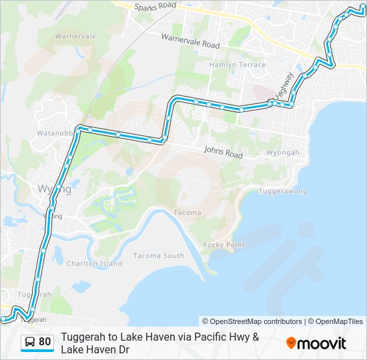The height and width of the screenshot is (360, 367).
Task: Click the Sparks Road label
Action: tap(155, 6)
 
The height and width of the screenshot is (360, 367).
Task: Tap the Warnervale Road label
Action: tap(190, 40)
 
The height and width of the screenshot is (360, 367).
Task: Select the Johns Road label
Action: tap(223, 152)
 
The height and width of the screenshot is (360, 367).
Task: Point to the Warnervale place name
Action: tap(75, 36)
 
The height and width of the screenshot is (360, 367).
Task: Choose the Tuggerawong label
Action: tap(284, 191)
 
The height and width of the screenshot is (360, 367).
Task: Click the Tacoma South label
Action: tap(159, 256)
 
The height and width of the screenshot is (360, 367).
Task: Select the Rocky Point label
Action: tap(224, 245)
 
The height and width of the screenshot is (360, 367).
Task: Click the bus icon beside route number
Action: tap(30, 342)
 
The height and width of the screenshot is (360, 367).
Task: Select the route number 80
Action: tap(45, 342)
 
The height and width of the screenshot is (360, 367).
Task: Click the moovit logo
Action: tap(316, 343)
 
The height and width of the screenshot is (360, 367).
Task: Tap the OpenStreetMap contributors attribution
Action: tap(252, 321)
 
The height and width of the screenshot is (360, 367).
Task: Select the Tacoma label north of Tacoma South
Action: tap(187, 213)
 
